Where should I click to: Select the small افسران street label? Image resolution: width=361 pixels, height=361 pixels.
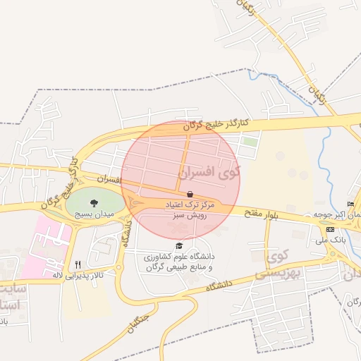tap(111, 181)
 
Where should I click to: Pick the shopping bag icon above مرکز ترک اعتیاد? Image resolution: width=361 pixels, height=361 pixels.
tap(189, 194)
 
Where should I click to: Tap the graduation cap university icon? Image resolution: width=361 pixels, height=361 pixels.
tap(179, 246)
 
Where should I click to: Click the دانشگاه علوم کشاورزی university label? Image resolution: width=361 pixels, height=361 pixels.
tap(179, 262)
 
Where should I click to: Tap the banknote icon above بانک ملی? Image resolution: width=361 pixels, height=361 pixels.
tap(330, 230)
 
